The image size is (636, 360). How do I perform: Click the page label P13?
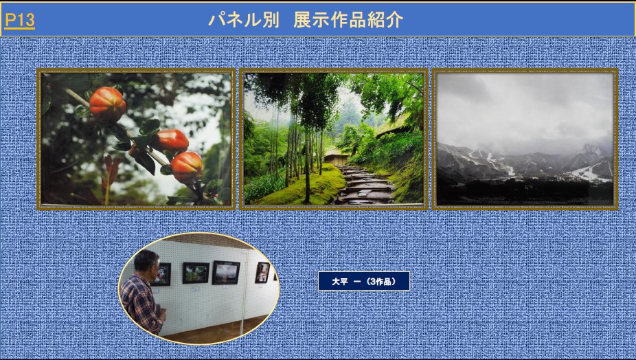coord(19,20)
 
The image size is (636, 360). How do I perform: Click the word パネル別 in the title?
coord(244,19)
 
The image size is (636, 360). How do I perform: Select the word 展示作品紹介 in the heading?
coord(348,19)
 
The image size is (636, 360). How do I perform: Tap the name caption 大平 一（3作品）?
coord(364,281)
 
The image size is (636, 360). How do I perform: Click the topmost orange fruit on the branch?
coord(107,104)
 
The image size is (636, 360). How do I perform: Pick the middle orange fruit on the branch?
coord(171,140)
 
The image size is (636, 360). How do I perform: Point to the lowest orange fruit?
coord(186,167)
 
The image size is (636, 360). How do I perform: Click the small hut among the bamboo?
coord(337,157)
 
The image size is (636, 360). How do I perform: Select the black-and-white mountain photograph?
coord(525,139)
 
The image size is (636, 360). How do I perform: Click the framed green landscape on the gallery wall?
coord(196,273)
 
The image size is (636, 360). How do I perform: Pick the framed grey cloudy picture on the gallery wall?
coord(226,273)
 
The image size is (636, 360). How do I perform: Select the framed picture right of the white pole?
coord(262,272)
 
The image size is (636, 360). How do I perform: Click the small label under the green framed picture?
coord(196,289)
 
